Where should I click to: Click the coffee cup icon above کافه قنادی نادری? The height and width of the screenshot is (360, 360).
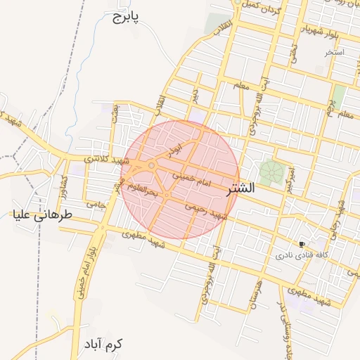302,244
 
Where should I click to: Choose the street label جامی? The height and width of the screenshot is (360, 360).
96,204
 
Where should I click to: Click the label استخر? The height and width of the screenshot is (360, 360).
333,53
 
